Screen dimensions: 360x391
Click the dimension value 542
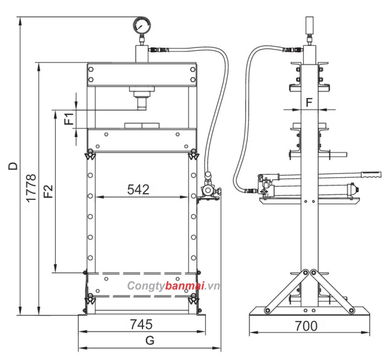tap(139, 189)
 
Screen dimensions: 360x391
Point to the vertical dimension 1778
tap(31, 188)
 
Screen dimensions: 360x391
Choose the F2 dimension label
tap(48, 191)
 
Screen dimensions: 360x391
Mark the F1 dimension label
tap(69, 118)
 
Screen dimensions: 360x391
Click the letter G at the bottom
tap(149, 341)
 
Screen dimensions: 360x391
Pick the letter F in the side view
tap(309, 102)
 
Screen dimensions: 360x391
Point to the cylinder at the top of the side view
tap(309, 26)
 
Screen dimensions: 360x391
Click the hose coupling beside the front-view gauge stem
tap(159, 51)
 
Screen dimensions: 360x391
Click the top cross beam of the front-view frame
tap(141, 74)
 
